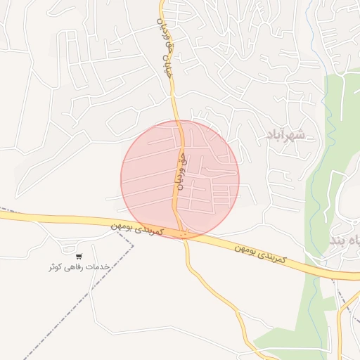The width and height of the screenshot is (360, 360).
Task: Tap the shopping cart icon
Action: point(79,256)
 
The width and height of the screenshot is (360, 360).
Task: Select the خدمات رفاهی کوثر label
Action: point(79,267)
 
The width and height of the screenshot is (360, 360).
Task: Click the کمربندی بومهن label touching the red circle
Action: point(138,230)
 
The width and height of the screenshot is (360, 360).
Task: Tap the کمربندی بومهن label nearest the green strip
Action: point(261,252)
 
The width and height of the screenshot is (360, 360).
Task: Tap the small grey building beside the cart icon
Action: point(67,248)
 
